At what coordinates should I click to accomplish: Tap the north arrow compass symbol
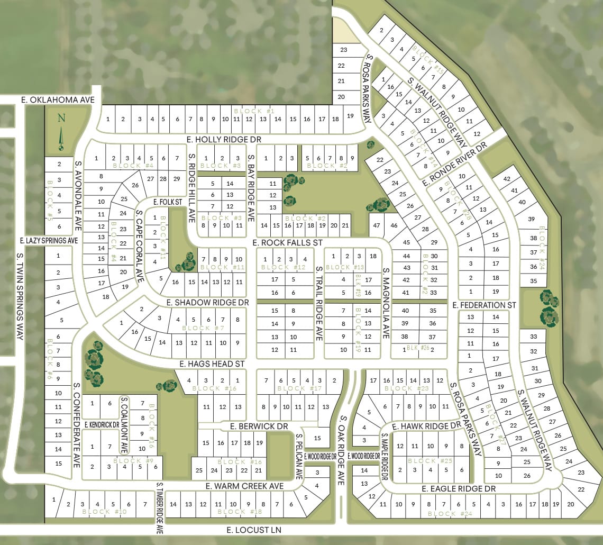[61, 133]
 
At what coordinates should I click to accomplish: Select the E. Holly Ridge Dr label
[224, 139]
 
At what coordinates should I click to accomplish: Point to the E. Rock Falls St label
[287, 242]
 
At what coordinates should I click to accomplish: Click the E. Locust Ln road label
[254, 530]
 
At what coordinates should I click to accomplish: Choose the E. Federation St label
[484, 305]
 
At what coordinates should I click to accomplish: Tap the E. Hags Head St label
[212, 364]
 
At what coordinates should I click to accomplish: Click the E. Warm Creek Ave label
[245, 486]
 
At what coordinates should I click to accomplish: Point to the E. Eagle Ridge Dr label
[459, 489]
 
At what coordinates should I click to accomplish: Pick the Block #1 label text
[254, 111]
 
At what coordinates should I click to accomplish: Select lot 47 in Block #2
[377, 225]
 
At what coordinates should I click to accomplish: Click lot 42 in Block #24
[507, 179]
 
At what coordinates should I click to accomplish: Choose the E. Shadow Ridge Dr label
[207, 302]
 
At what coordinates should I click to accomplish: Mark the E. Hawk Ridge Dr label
[427, 426]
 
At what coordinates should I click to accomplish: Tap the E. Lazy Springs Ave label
[49, 241]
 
